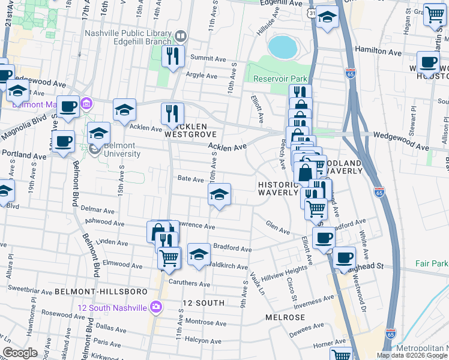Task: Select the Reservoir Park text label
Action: [x=280, y=79]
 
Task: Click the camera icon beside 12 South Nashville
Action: [x=156, y=307]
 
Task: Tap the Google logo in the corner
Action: [x=20, y=353]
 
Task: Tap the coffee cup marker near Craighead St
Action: [x=344, y=258]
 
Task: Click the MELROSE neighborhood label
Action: [x=286, y=316]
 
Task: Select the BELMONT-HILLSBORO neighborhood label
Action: [x=101, y=291]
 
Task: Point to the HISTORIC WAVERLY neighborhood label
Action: [x=278, y=188]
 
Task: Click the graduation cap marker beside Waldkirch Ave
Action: [x=199, y=254]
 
